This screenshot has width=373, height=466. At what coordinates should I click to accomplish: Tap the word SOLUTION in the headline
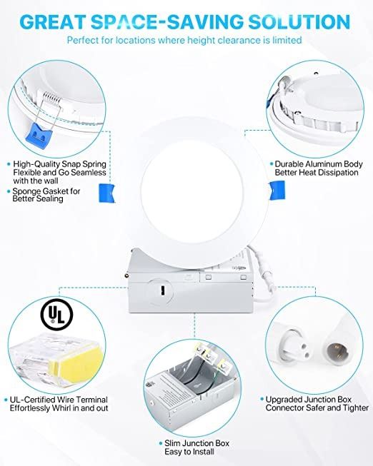click(299, 21)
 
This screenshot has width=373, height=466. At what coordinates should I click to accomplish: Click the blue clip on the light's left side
click(106, 193)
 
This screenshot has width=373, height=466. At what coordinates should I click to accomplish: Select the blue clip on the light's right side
click(277, 191)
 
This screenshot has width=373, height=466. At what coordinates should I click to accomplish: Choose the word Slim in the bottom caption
click(172, 443)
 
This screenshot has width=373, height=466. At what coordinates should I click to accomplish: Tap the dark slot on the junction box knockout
click(162, 290)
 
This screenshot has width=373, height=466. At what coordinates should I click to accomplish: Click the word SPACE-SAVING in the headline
click(167, 21)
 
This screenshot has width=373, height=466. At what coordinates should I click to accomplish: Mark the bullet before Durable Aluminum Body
click(272, 163)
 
